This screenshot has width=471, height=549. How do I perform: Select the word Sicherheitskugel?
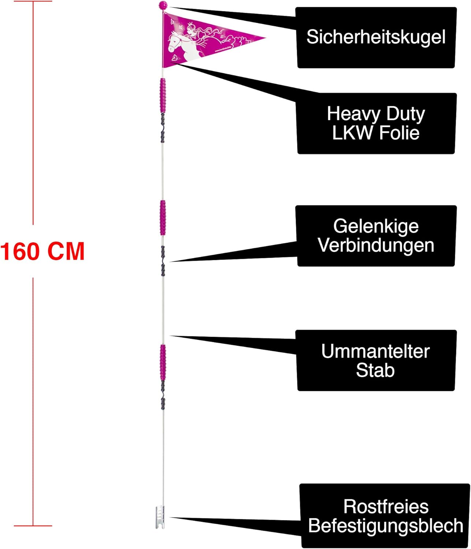coord(376,37)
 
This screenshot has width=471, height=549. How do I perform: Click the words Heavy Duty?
coord(376,114)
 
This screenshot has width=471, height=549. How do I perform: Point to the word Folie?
coord(399,133)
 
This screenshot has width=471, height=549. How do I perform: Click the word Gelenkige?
coord(376,226)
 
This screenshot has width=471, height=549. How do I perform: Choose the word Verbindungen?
coord(376,245)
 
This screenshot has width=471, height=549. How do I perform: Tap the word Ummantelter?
coord(375,351)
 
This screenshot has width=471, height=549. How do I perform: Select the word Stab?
coord(375,370)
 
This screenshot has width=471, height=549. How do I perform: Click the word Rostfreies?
coord(386,507)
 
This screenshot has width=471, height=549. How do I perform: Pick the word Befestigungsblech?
coord(386,526)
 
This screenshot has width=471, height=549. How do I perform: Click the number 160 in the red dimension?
coord(20,251)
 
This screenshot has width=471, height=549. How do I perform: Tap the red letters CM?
coord(66,251)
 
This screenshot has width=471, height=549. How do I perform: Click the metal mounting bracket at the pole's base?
coord(160,517)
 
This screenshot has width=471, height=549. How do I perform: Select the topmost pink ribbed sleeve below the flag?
coord(162,95)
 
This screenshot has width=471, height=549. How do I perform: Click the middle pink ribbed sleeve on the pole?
coord(162,217)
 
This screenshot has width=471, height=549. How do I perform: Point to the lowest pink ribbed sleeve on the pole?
coord(162,361)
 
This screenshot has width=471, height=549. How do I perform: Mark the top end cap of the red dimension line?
coord(33,1)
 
